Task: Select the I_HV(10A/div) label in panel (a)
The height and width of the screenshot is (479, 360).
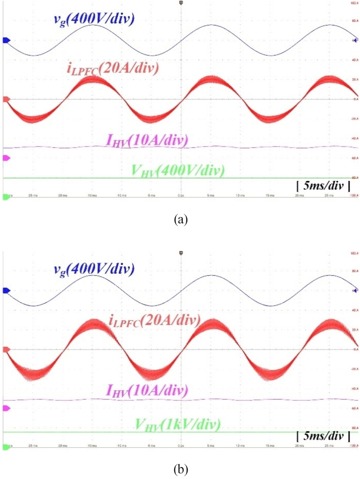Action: click(x=147, y=140)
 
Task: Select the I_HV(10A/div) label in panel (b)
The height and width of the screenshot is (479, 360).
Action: click(x=147, y=390)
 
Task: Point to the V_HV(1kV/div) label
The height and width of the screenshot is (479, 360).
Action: click(x=177, y=424)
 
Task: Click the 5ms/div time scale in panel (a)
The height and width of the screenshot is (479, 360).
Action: click(x=323, y=185)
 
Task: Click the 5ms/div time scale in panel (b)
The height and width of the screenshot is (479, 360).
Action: click(x=323, y=436)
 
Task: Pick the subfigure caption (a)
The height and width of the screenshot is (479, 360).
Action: click(x=180, y=219)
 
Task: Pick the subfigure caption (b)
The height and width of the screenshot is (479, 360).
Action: click(x=180, y=470)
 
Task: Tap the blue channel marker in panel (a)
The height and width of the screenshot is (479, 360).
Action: click(x=6, y=40)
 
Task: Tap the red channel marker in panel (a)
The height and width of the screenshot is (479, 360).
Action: click(x=6, y=99)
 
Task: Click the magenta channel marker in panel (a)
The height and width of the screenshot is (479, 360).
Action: click(x=6, y=158)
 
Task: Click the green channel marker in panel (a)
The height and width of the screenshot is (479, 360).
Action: click(x=6, y=197)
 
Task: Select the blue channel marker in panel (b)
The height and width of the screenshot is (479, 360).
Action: click(x=6, y=291)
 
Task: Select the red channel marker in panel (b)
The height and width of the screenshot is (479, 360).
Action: click(x=6, y=349)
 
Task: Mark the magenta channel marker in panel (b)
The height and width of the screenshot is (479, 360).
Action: click(x=6, y=408)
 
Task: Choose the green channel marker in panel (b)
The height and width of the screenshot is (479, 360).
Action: click(x=6, y=447)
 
